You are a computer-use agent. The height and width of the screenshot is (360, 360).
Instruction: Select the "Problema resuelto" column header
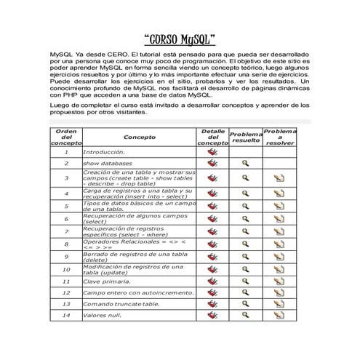tap(246, 137)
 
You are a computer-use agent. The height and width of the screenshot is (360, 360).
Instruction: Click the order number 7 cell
tap(65, 232)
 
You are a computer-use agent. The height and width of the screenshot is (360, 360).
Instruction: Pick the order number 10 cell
tap(65, 268)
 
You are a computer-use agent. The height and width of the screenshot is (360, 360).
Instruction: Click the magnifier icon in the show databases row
tap(246, 164)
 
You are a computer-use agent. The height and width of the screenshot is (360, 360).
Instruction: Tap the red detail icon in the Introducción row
tap(212, 152)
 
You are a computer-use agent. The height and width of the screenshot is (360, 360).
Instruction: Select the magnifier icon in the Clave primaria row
tap(246, 280)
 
